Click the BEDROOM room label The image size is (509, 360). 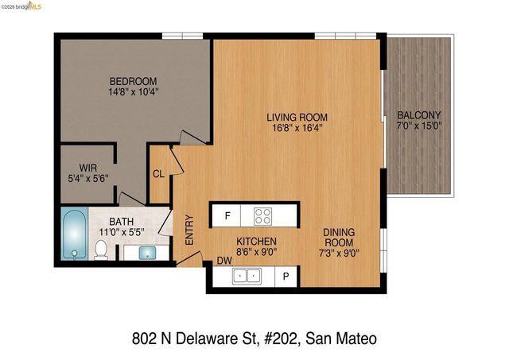coord(133,81)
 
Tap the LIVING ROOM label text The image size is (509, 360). coord(297,118)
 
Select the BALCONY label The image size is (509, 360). coord(419,114)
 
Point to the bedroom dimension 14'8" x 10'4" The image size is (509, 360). coord(133,92)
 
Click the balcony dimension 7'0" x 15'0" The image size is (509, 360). coord(419,125)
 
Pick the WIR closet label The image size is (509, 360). coord(87,168)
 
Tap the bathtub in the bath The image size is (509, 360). coord(74,234)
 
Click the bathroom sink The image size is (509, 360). coord(147,253)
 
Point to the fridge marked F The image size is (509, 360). coord(227,215)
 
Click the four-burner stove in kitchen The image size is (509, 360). coord(262,215)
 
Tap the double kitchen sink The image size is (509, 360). coord(247,276)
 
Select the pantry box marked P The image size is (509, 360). coord(286,276)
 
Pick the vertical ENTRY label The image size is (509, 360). coord(189,230)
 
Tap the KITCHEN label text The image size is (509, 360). coord(256,241)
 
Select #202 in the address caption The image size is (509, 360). coord(282,338)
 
